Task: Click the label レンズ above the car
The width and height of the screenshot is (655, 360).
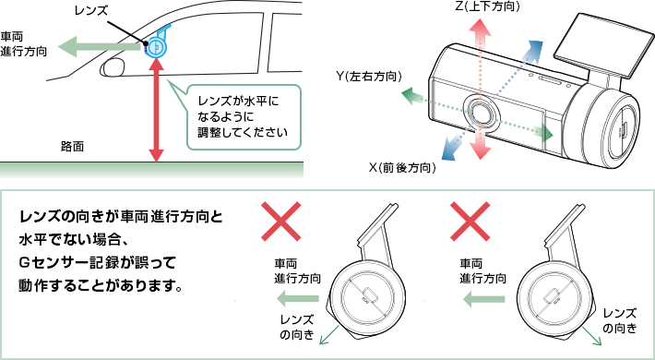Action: click(x=90, y=10)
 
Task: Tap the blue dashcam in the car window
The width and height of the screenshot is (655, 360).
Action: click(x=158, y=44)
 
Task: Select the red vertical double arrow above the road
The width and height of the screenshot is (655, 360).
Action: click(x=156, y=111)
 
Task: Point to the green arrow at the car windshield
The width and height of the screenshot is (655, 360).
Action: click(x=100, y=46)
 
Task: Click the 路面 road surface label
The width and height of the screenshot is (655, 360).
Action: click(x=72, y=147)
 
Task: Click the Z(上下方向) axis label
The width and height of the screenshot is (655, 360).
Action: click(x=487, y=6)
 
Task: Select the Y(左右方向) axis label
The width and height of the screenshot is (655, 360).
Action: click(x=369, y=77)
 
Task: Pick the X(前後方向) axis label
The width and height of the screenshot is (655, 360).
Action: click(x=402, y=168)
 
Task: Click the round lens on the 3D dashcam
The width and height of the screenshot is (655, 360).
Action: click(x=482, y=112)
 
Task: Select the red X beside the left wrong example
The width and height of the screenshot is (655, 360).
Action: click(x=280, y=222)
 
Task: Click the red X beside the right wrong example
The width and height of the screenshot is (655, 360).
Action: click(x=470, y=222)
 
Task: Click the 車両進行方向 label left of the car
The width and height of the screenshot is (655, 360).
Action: click(x=23, y=43)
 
